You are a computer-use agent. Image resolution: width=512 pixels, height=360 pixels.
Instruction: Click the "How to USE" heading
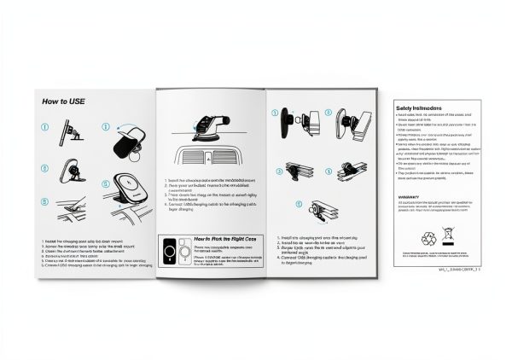point(65,101)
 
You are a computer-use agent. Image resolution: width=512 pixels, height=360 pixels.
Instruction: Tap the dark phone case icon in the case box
point(171,253)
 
